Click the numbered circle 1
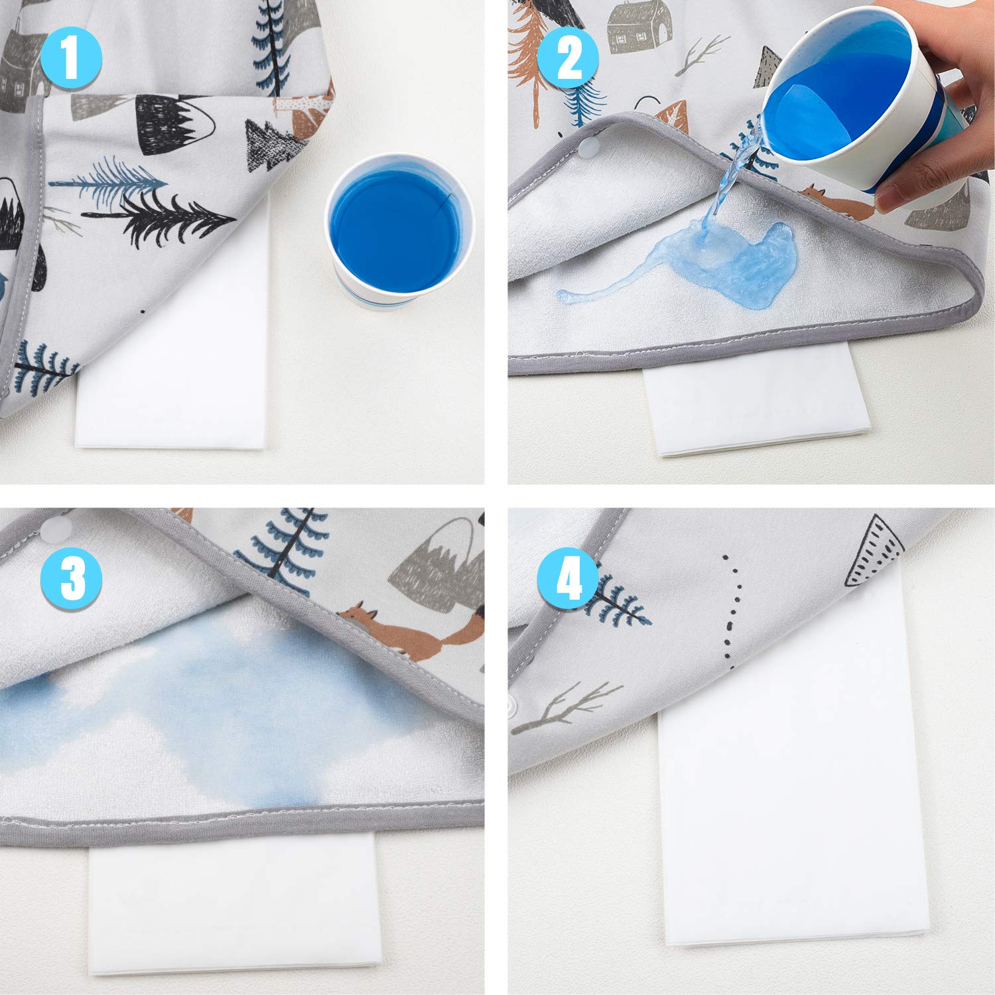71,58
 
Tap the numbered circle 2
568,58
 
